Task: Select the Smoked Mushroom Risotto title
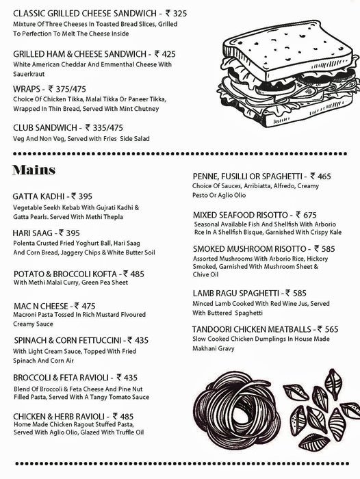[x=249, y=249]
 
